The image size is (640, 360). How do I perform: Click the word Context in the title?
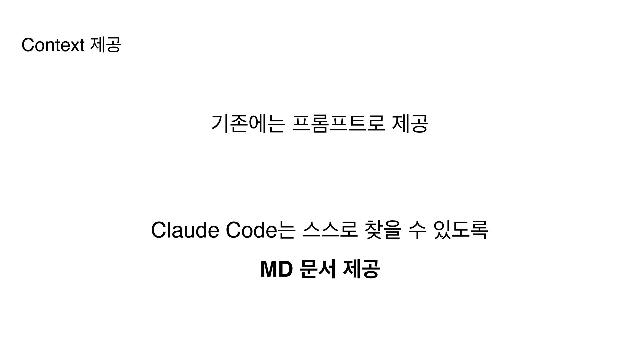tap(53, 45)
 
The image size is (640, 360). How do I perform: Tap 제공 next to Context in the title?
tap(105, 45)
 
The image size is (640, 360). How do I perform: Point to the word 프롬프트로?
tap(338, 123)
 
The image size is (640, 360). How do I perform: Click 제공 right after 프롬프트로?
tap(410, 123)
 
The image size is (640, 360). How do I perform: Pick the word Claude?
tap(185, 230)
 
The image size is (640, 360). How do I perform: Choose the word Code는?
tap(260, 230)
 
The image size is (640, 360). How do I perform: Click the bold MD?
tap(276, 269)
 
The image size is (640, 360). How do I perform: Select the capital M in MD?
tap(269, 269)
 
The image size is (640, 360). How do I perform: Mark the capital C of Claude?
tap(158, 230)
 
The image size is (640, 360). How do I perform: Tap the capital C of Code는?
tap(233, 230)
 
